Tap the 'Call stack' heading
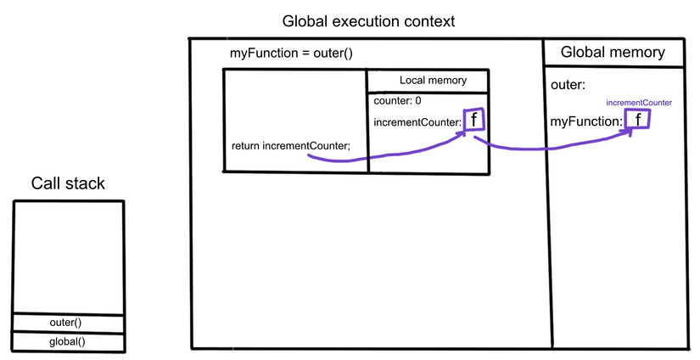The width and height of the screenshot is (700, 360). (x=68, y=183)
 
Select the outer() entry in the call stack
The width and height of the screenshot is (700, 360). (x=68, y=323)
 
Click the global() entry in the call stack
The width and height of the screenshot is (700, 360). (x=68, y=342)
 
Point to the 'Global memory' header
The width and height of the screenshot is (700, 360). (x=613, y=53)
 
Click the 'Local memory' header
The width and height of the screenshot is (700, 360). (x=433, y=81)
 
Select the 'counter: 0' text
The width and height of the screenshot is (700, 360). (x=398, y=100)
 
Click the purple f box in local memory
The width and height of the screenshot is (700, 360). (x=474, y=121)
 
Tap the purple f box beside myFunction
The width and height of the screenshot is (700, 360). (x=636, y=120)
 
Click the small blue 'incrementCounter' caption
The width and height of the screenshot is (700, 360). (x=639, y=102)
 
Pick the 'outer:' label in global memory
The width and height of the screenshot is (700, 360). (x=568, y=85)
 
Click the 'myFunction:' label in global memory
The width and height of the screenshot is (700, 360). (x=586, y=121)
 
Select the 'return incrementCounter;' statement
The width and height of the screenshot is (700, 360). (x=290, y=145)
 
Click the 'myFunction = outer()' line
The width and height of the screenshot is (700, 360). (x=291, y=53)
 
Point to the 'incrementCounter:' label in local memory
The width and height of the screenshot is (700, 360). (x=417, y=123)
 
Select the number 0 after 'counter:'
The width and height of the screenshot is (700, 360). (x=418, y=100)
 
